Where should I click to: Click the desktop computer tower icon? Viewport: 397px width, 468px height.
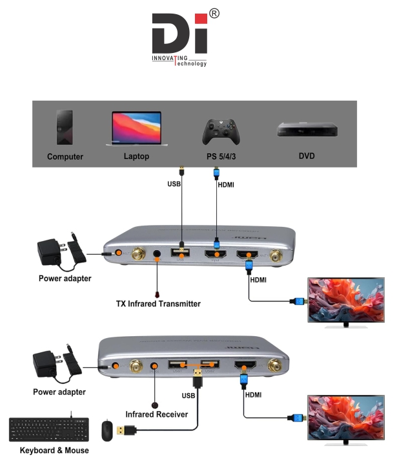tap(65, 127)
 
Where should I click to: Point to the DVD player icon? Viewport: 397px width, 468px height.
tap(307, 130)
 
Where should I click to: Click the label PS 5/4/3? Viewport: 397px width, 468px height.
tap(221, 156)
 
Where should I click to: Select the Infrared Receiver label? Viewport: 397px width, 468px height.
tap(157, 414)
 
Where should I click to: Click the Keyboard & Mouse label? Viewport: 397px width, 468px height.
tap(54, 451)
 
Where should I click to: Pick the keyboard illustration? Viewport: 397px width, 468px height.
tap(48, 429)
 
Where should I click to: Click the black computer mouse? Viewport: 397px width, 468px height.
tap(107, 430)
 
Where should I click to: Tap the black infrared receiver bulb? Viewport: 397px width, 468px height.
tap(156, 400)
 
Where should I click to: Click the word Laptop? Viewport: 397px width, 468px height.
tap(136, 156)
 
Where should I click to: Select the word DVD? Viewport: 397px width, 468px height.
tap(307, 156)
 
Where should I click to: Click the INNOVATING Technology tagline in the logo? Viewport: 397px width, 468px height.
tap(179, 60)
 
